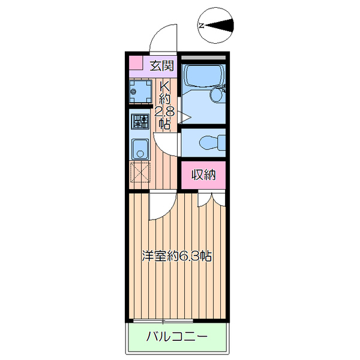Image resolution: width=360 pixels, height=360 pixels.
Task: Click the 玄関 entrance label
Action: pyautogui.click(x=162, y=65)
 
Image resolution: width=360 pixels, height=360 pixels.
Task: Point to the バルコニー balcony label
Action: pyautogui.click(x=178, y=337)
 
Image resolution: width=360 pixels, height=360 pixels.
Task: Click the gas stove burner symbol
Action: pyautogui.click(x=140, y=122)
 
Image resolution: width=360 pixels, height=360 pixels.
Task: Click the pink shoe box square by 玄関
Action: pyautogui.click(x=136, y=64)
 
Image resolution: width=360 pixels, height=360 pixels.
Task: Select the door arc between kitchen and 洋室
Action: pyautogui.click(x=160, y=208)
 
